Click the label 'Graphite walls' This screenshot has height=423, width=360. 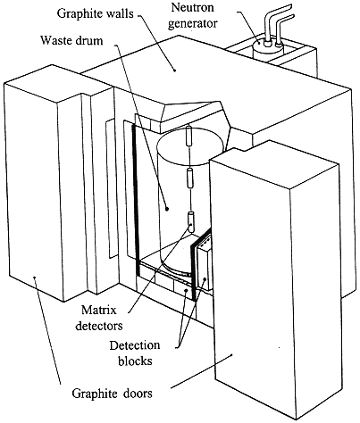95,13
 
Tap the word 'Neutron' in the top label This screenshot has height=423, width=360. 192,7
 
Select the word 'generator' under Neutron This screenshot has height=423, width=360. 193,22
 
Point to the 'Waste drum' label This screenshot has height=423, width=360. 71,40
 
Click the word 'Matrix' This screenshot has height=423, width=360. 99,311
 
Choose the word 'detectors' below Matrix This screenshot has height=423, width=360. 99,325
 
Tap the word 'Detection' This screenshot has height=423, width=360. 135,345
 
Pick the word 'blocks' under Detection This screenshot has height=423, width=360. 135,361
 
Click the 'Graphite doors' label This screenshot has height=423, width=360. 112,394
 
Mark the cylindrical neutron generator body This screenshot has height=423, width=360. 267,51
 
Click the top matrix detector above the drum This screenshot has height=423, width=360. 188,136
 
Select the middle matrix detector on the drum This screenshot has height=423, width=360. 189,178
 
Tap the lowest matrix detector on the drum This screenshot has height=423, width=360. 190,222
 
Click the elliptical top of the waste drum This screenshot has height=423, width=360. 190,147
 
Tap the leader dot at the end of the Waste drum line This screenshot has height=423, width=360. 167,209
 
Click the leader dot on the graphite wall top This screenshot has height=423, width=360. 175,70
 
